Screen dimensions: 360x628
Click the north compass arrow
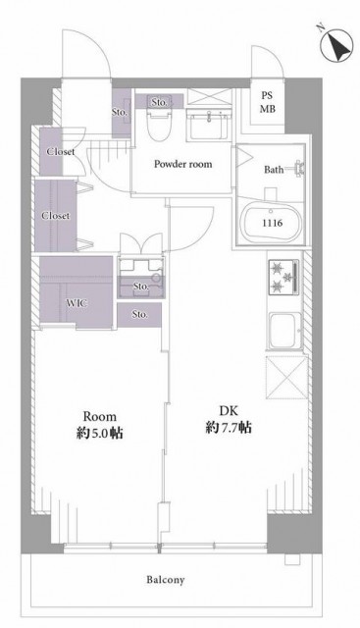336,46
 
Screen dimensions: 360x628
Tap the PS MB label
267,102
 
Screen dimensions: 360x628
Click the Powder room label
183,164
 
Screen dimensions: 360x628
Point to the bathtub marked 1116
272,222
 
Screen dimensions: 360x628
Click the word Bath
274,170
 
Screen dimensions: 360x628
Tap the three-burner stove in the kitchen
283,277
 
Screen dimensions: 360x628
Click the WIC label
77,303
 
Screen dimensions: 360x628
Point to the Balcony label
166,580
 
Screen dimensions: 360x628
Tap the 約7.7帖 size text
229,428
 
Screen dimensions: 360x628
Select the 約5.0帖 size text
100,433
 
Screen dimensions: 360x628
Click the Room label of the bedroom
100,416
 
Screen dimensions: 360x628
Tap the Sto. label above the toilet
159,102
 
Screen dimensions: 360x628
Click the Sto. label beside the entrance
120,113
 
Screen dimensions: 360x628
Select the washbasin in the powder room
209,125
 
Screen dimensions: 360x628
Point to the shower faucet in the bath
299,169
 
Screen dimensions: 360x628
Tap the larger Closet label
56,216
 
